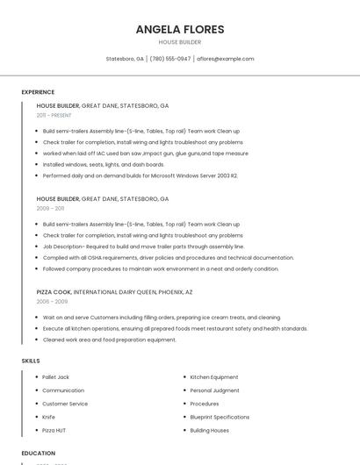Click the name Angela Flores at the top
(x=180, y=29)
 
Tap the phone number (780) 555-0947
(x=170, y=59)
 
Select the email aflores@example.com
(x=226, y=59)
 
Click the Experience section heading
(x=38, y=92)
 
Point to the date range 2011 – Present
(x=54, y=115)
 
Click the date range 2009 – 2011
(x=50, y=208)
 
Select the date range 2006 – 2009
(x=52, y=301)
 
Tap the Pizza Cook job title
(x=54, y=291)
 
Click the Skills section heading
(x=31, y=361)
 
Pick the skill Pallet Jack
(x=56, y=377)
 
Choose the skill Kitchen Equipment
(x=214, y=377)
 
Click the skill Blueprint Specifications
(x=220, y=417)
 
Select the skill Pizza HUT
(x=54, y=431)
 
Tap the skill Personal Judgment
(x=214, y=390)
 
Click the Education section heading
(x=39, y=454)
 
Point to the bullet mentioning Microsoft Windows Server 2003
(x=140, y=175)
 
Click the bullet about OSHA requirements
(x=169, y=258)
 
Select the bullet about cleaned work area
(x=110, y=340)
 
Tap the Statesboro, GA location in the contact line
(x=125, y=59)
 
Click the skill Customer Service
(x=65, y=404)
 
